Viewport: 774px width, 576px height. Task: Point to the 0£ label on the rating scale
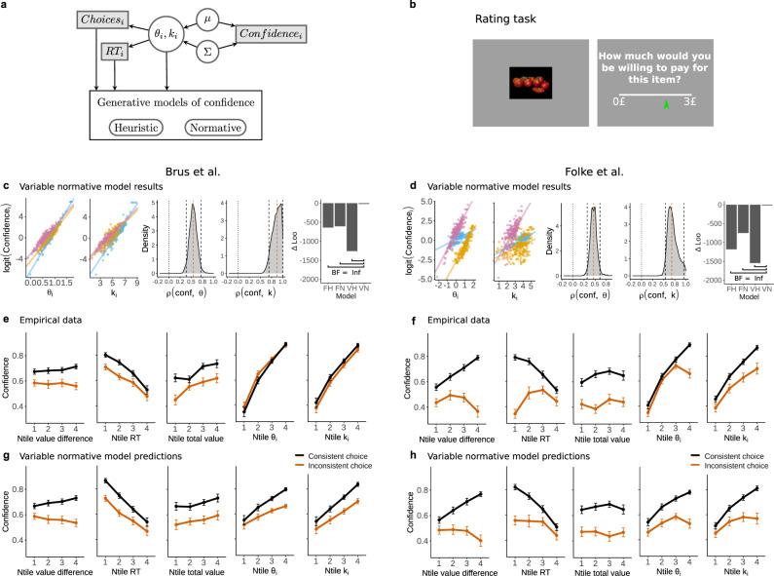click(x=619, y=100)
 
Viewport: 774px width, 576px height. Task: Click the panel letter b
click(x=414, y=7)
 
